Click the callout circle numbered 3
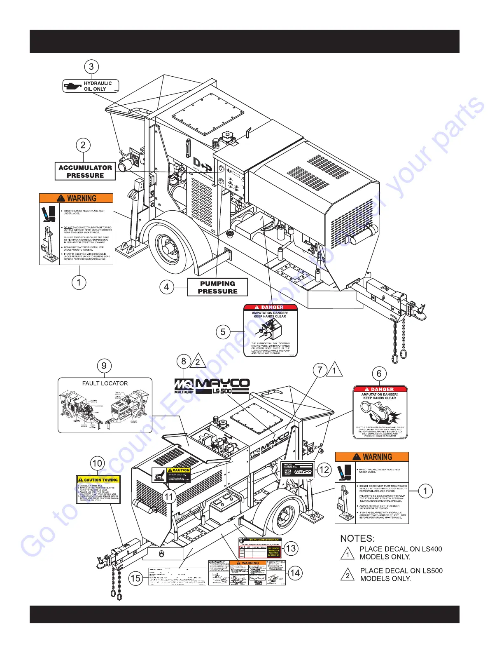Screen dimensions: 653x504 [91, 67]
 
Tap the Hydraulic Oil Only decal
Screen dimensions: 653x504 [91, 86]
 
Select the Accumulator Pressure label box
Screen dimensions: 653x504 [85, 171]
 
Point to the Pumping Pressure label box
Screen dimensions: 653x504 [217, 287]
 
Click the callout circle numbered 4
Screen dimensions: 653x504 [166, 287]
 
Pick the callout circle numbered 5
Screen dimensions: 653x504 [223, 332]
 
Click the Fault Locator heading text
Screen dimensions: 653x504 [105, 383]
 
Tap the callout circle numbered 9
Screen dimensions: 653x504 [104, 366]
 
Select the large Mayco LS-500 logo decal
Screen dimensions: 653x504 [212, 386]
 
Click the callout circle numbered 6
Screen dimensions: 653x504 [379, 374]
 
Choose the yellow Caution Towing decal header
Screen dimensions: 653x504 [98, 480]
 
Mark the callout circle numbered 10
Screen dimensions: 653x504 [97, 463]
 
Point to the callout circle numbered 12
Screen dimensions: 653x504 [324, 470]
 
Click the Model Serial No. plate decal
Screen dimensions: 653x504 [298, 470]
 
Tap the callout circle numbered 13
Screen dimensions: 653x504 [291, 548]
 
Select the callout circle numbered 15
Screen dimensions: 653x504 [135, 578]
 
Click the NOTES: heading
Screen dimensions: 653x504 [357, 538]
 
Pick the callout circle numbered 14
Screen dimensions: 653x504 [295, 573]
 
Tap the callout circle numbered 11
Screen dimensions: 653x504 [169, 497]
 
